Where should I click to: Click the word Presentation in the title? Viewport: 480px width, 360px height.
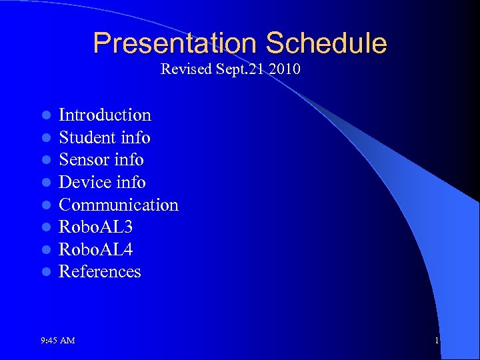coord(175,43)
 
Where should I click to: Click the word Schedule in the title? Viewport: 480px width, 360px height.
coord(326,43)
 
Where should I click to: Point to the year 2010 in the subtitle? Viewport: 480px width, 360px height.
coord(285,69)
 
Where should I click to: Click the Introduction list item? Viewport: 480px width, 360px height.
coord(105,115)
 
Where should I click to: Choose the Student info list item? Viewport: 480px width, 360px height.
coord(105,138)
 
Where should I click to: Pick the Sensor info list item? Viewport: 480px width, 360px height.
coord(101,160)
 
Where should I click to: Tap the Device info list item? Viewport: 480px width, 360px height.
coord(102,183)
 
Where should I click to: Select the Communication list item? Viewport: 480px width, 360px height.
coord(119,205)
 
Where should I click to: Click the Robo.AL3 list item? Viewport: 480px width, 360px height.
coord(95,227)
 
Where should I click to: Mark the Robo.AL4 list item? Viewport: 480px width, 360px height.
coord(95,249)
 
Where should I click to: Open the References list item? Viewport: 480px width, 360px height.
coord(100,272)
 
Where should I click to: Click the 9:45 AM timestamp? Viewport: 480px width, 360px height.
coord(57,341)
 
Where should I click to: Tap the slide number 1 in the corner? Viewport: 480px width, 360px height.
coord(437,341)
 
